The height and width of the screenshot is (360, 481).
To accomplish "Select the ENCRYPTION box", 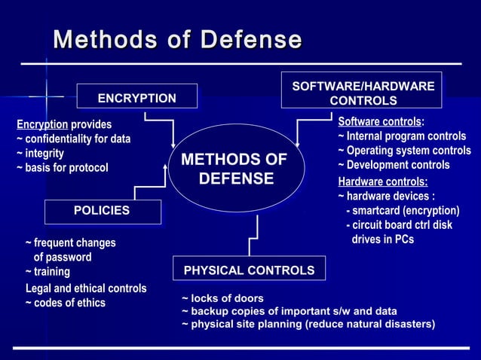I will [137, 98].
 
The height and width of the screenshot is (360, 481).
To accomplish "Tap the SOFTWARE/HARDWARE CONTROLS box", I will [363, 93].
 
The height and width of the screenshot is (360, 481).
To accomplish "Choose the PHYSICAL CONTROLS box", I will [249, 270].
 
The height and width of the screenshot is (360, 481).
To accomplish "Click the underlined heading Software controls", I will [379, 121].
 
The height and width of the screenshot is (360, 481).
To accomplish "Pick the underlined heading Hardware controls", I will [382, 182].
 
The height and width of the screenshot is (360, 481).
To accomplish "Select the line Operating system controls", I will [404, 151].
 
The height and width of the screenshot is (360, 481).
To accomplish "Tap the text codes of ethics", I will [66, 303].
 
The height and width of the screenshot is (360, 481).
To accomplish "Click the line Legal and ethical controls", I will [86, 288].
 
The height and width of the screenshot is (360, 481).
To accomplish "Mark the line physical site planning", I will [308, 325].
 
